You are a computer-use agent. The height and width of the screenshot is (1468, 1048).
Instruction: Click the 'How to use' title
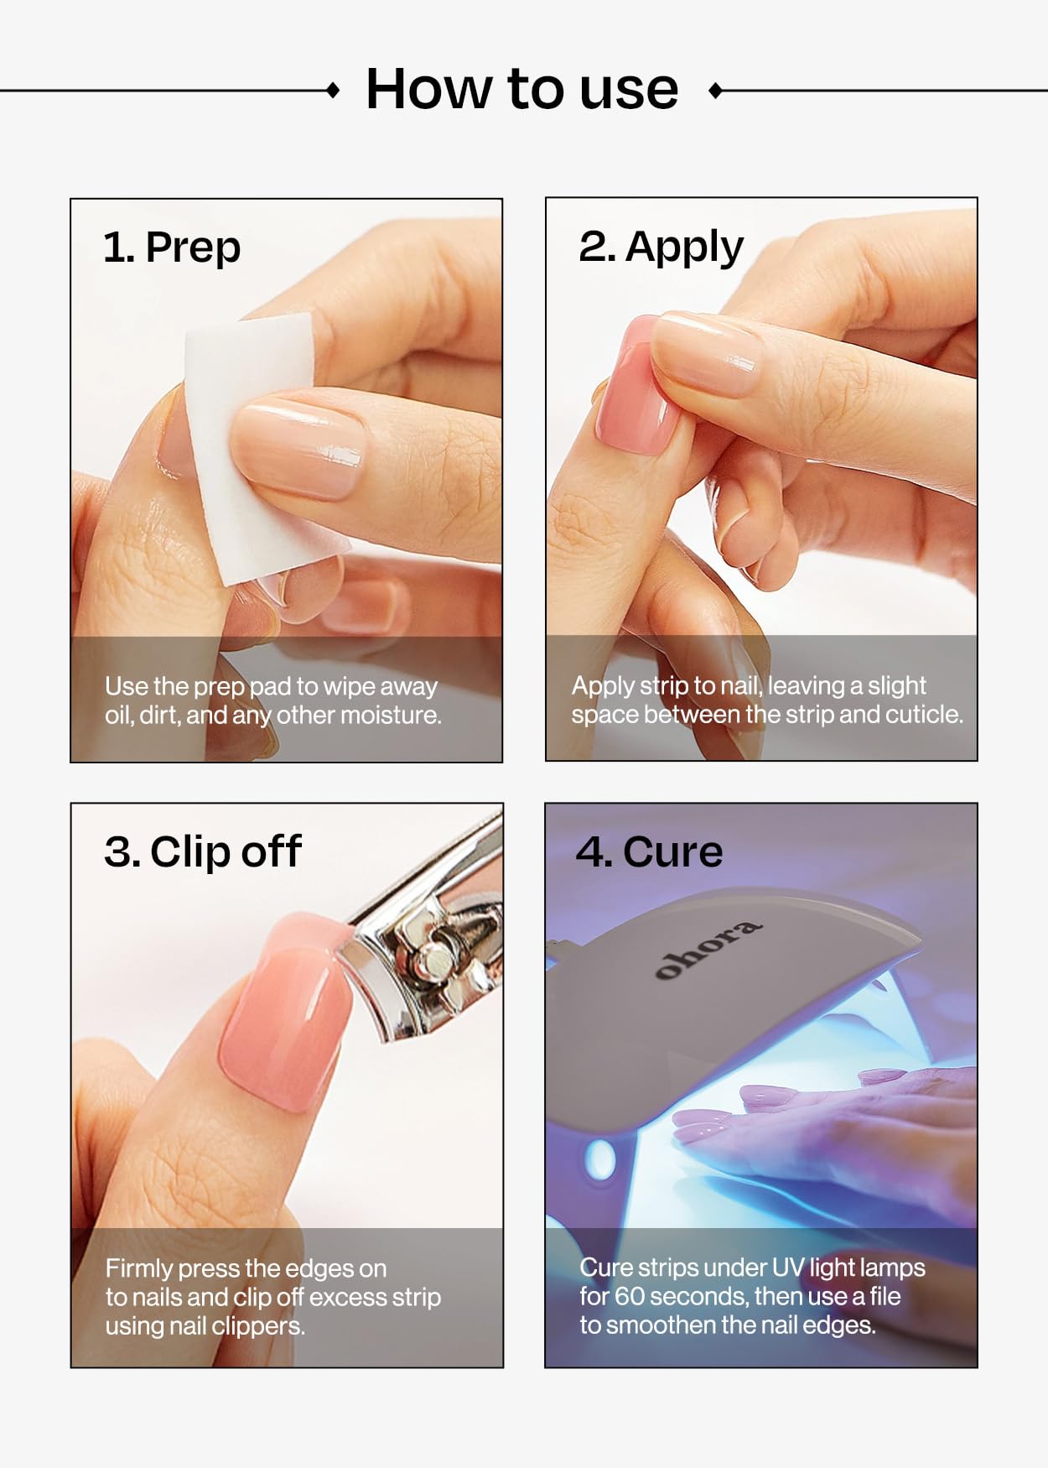(x=521, y=89)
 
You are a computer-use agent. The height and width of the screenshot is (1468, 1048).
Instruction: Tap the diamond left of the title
(x=333, y=90)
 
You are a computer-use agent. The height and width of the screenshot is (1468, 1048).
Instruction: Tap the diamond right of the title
(x=715, y=90)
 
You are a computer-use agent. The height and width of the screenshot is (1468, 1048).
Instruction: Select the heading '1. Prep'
(x=172, y=247)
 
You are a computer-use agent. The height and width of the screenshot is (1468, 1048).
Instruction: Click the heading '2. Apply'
(x=661, y=247)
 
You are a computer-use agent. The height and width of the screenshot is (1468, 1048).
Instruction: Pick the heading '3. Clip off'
(x=202, y=852)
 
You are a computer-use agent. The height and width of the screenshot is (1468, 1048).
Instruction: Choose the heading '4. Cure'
(x=649, y=852)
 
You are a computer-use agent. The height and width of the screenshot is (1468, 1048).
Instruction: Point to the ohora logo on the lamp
(x=708, y=949)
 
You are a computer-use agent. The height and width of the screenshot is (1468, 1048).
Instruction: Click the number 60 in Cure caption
(x=629, y=1297)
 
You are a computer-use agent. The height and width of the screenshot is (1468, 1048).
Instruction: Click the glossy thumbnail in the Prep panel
(x=298, y=449)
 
